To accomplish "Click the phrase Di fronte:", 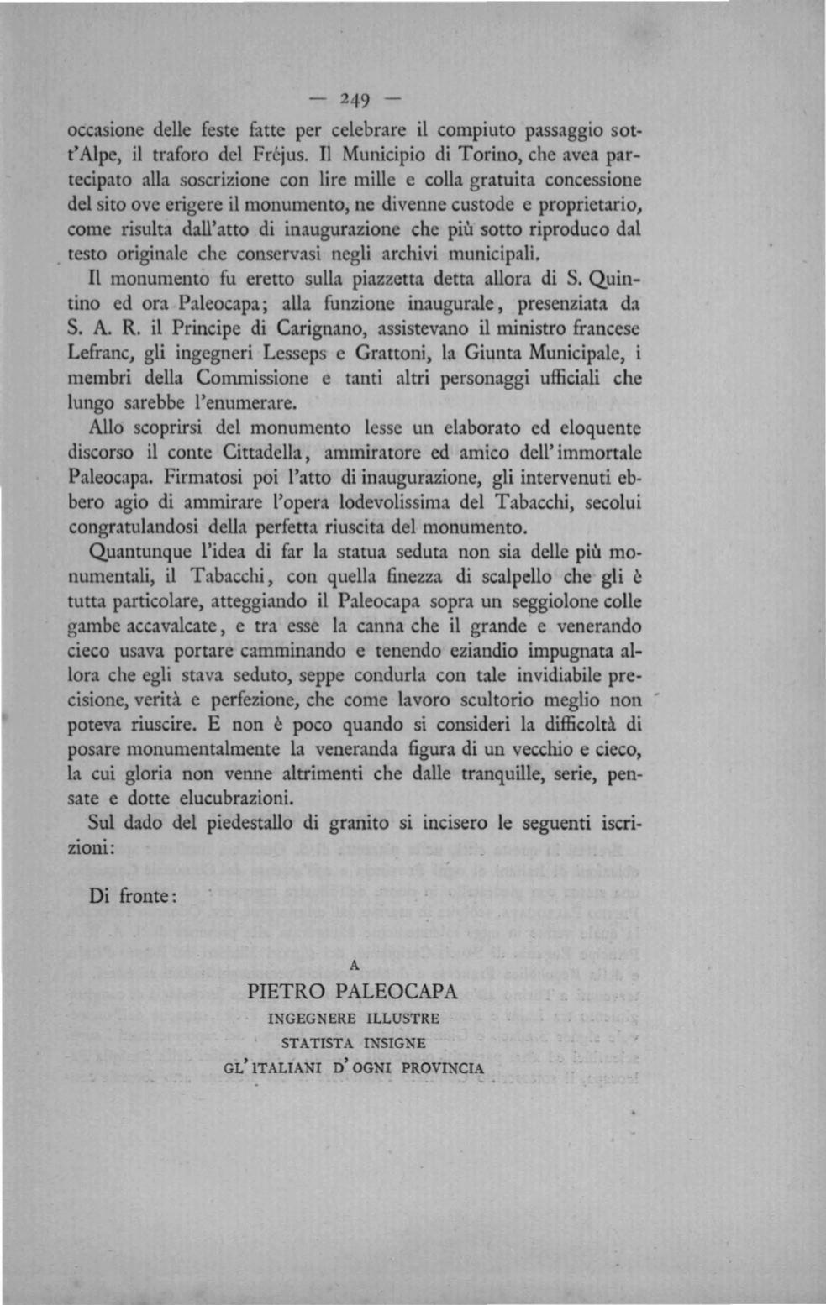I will [x=133, y=896].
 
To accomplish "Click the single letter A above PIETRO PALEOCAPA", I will [x=354, y=967].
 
